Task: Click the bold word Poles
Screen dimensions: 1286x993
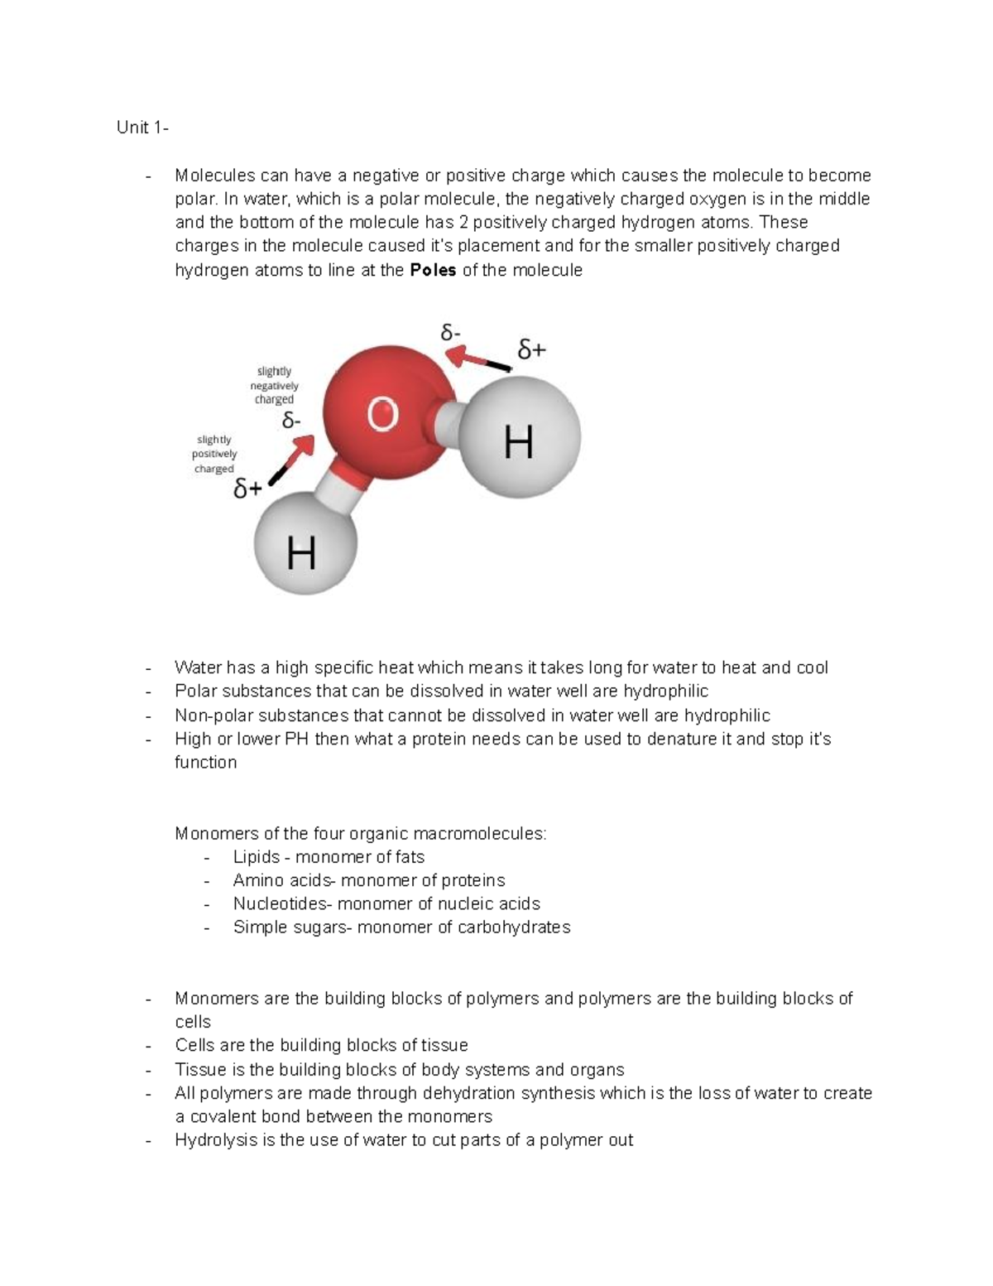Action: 433,270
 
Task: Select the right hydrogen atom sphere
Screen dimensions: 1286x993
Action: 520,438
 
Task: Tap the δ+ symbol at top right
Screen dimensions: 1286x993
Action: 531,350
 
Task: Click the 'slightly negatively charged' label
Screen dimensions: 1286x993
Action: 274,385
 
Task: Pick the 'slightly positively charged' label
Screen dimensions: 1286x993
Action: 214,454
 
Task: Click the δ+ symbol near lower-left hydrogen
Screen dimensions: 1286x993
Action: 247,490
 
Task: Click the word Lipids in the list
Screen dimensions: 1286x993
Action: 256,857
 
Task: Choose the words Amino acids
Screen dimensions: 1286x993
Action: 284,880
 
